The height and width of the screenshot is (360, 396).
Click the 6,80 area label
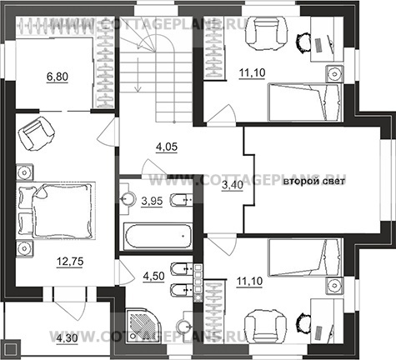pos(58,77)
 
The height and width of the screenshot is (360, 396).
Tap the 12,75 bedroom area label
pos(70,262)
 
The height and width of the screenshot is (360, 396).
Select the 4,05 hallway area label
pos(167,147)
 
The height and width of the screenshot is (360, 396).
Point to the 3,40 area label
pos(233,185)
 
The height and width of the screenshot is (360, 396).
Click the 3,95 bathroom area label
pos(152,201)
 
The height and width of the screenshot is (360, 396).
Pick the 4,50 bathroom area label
pos(153,276)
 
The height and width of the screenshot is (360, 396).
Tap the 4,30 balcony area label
pos(67,338)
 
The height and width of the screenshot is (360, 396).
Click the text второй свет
pos(314,182)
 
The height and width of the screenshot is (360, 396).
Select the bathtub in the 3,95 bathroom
pos(158,236)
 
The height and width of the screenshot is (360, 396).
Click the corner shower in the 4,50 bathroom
pos(142,323)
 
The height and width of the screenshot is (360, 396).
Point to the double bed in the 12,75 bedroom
pos(57,210)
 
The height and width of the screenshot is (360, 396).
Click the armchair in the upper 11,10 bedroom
pos(266,33)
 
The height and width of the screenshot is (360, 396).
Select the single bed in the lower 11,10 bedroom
pos(305,257)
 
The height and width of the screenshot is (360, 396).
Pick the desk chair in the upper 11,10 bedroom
pos(303,42)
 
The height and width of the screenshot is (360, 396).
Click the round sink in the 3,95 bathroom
pos(128,199)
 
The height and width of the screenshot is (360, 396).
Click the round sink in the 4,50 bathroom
pos(183,325)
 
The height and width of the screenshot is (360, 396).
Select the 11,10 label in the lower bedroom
pos(249,281)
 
